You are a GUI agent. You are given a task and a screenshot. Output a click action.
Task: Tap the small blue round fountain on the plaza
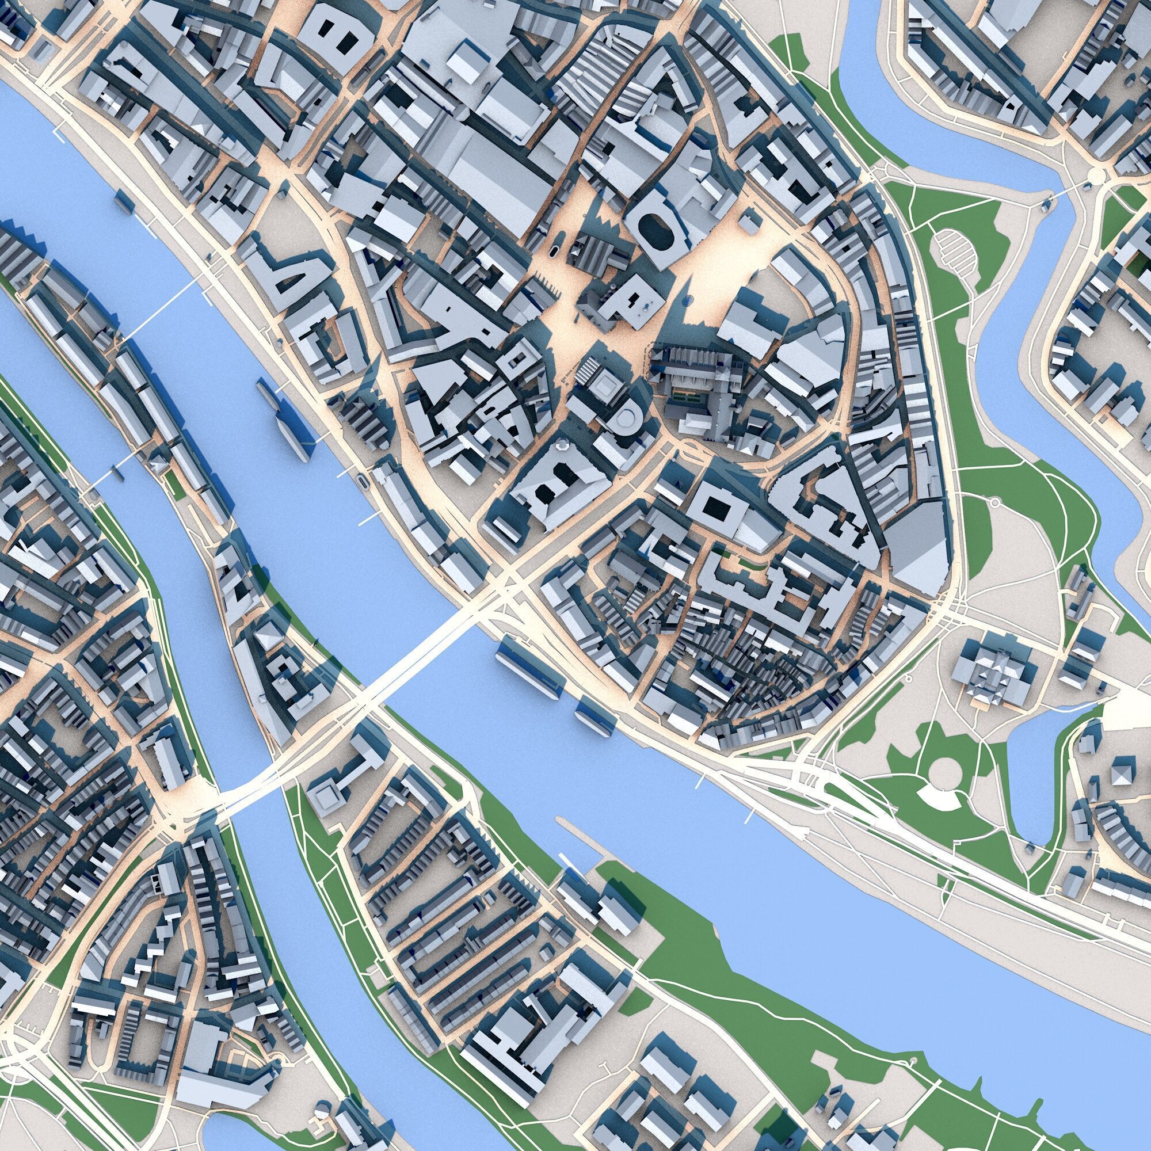click(x=687, y=300)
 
